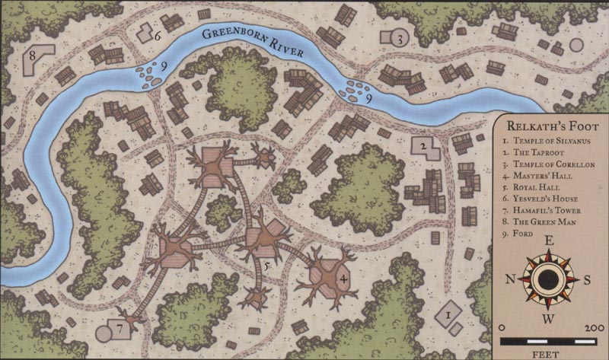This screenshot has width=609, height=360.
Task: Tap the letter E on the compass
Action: pos(547,244)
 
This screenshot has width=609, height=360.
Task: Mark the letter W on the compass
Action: pos(547,317)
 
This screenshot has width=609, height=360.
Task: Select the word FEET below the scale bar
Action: pos(547,352)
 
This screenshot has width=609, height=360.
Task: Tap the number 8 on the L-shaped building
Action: pos(33,56)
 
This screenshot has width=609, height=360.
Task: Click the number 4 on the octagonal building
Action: pos(343,279)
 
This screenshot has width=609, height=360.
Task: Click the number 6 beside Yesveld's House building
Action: pos(158,35)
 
